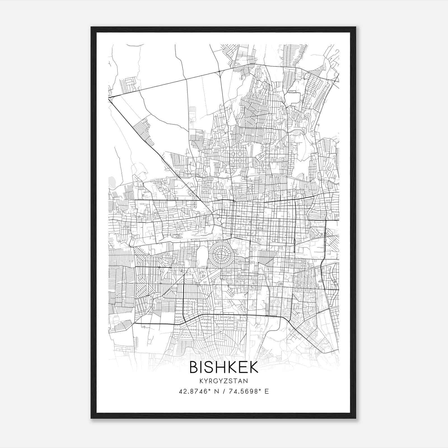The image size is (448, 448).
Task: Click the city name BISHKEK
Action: click(224, 367)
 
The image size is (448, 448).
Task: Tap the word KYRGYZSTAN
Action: click(224, 381)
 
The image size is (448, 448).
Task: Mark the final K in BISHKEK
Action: click(254, 367)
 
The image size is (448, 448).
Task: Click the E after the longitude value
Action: click(267, 391)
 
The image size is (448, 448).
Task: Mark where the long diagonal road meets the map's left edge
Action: click(109, 98)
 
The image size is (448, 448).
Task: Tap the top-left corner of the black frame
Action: click(91, 27)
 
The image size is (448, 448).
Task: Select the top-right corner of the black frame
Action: click(356, 27)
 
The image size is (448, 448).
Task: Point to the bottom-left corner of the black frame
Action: click(91, 418)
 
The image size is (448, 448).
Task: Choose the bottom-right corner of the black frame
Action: click(356, 418)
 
